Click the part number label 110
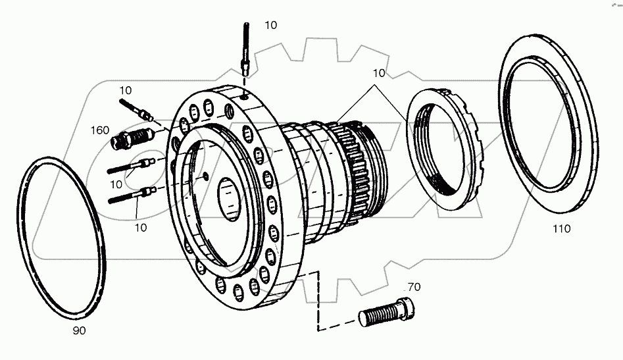pos(561,229)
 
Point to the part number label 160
pos(100,130)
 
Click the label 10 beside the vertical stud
pos(271,25)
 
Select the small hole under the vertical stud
pos(244,96)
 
